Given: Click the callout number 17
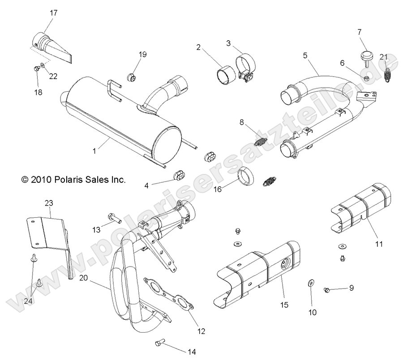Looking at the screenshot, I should [x=53, y=13].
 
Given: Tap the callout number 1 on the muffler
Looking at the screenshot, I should [x=94, y=151].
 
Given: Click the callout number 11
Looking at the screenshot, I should [x=379, y=244].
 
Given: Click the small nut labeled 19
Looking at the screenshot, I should [x=133, y=77].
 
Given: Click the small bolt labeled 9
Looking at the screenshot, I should [x=327, y=291].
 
